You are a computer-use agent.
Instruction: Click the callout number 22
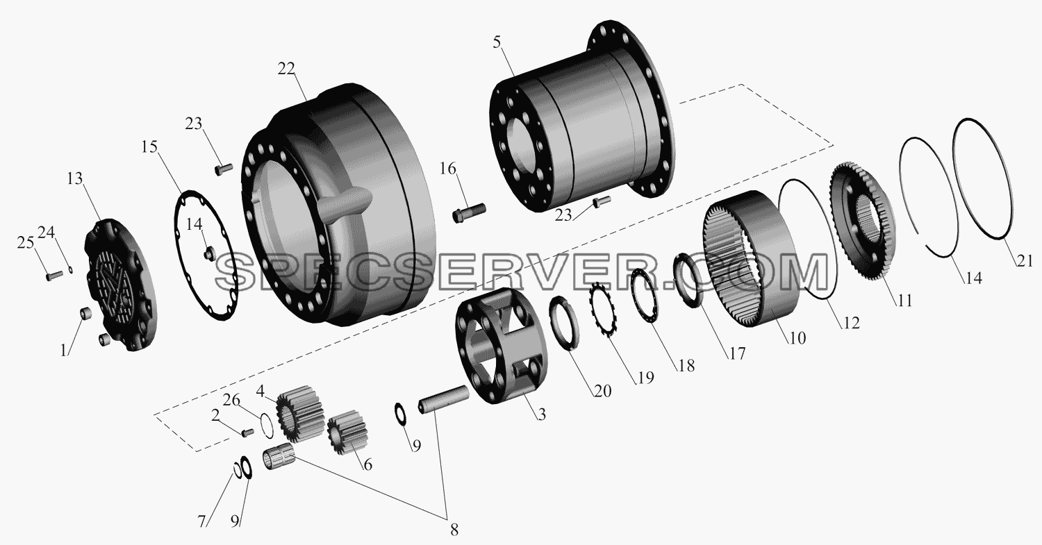click(286, 69)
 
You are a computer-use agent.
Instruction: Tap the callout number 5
click(497, 42)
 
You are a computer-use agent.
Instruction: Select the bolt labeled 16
click(469, 213)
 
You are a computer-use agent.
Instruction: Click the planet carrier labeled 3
click(502, 346)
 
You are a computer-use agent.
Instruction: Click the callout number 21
click(1025, 261)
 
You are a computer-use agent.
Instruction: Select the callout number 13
click(74, 179)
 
